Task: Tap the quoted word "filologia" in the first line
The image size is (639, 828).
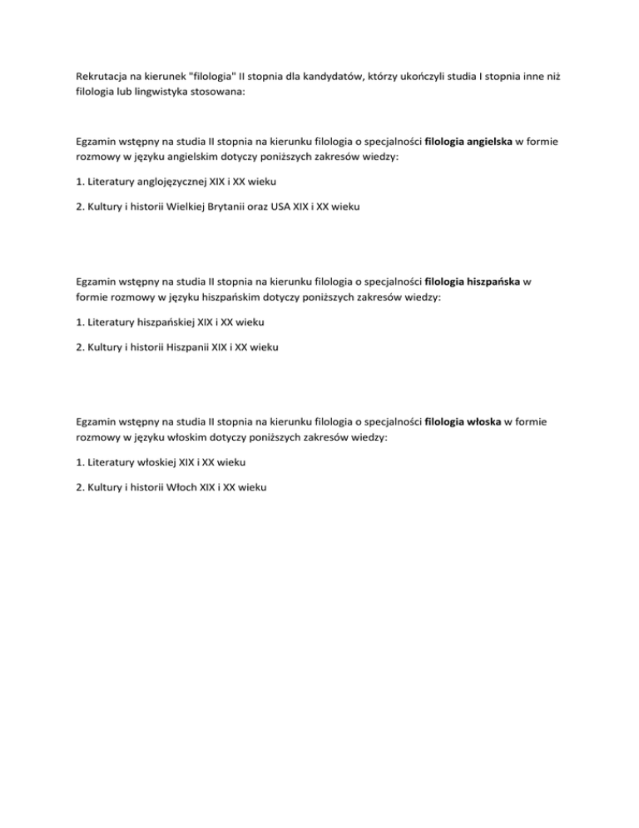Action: click(x=215, y=76)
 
